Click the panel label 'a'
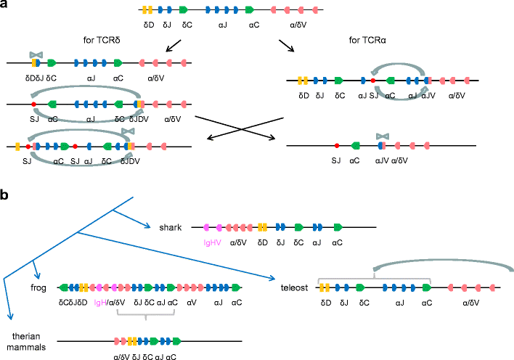point(5,6)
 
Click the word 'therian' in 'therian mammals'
point(23,335)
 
